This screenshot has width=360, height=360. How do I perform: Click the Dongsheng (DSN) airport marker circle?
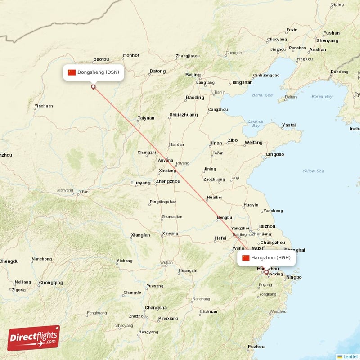(94, 87)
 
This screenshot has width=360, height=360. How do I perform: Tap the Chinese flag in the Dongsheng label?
(72, 72)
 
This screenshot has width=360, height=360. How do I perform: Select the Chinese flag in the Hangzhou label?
(246, 258)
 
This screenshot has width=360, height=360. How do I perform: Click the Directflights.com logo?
(34, 338)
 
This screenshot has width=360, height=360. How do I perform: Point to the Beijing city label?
(193, 75)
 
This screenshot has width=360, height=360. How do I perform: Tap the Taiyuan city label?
(146, 118)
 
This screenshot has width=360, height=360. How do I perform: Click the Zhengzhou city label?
(168, 181)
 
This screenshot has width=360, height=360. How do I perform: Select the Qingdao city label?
(275, 154)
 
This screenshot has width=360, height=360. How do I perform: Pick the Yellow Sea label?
(313, 171)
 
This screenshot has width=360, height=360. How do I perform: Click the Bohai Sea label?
(262, 95)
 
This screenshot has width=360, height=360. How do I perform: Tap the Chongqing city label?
(51, 283)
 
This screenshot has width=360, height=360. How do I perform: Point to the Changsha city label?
(156, 308)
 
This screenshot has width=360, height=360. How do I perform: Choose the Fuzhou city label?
(256, 346)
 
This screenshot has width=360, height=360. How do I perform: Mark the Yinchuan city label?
(43, 106)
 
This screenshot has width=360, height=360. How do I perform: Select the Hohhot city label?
(131, 55)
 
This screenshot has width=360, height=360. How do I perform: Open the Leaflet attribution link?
(350, 356)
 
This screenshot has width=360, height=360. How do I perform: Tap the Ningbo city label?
(294, 277)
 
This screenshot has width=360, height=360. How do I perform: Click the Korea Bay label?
(322, 96)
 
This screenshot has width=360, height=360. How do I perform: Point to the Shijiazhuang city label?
(184, 115)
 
